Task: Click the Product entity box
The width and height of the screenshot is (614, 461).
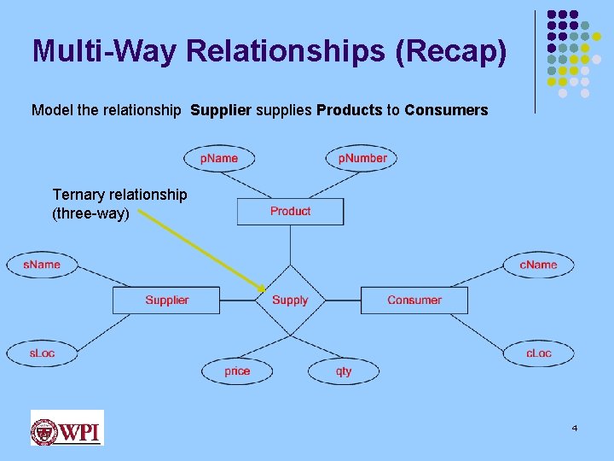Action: click(x=290, y=211)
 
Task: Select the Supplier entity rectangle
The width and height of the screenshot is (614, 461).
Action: click(x=166, y=300)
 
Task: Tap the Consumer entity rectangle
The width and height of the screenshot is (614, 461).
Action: click(x=414, y=300)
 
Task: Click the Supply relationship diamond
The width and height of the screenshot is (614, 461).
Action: click(x=290, y=300)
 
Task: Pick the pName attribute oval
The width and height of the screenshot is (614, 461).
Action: click(x=219, y=158)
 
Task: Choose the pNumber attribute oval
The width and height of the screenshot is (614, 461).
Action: click(x=362, y=158)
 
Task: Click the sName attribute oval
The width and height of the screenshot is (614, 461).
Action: click(x=41, y=265)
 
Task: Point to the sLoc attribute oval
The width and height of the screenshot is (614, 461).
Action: click(x=42, y=353)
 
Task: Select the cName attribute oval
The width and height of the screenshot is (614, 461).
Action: click(x=538, y=265)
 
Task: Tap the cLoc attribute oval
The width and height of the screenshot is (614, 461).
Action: click(x=538, y=353)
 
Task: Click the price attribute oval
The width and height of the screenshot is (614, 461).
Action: click(x=237, y=371)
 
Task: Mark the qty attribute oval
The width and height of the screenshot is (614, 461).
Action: click(x=344, y=371)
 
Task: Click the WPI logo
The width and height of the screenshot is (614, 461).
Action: click(x=67, y=428)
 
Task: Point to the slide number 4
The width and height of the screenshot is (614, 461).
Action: click(x=575, y=427)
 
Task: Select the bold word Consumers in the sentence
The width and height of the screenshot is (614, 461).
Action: click(x=446, y=110)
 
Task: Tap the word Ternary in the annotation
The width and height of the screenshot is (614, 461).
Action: click(x=78, y=195)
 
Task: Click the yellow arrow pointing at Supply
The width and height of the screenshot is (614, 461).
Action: click(x=200, y=250)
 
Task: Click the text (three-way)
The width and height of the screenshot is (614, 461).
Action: click(x=90, y=213)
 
